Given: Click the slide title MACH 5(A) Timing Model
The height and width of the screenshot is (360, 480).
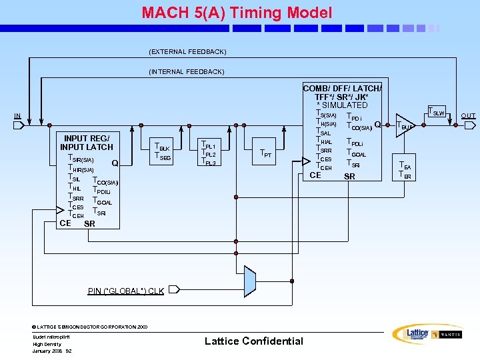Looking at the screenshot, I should [237, 12].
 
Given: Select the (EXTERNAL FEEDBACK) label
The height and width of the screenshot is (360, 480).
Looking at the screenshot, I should [187, 51].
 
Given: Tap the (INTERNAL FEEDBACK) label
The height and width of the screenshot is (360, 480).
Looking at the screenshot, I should [187, 71].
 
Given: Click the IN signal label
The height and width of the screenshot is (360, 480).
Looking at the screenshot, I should [18, 116].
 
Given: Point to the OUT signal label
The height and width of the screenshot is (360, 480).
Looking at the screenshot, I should [468, 116].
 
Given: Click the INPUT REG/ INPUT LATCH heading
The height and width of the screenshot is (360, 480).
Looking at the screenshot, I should [87, 143].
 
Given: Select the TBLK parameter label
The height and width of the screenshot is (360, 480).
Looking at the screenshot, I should [162, 147].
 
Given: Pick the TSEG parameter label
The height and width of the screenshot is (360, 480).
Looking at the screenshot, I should [162, 157].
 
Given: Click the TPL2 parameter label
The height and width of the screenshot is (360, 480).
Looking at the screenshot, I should [208, 154].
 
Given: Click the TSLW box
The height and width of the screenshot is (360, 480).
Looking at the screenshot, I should [437, 112].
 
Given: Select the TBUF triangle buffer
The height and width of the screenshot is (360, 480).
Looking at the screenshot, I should [405, 125].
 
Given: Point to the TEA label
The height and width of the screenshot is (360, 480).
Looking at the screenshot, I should [405, 166].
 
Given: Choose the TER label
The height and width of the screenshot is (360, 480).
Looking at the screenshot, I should [405, 175].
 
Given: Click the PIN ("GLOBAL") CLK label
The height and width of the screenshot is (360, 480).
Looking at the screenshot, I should [126, 291].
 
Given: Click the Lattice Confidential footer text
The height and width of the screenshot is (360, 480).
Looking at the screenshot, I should [253, 341].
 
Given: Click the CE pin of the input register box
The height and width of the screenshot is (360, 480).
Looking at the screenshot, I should [65, 223].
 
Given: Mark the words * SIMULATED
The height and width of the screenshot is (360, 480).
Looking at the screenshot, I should [341, 105].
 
